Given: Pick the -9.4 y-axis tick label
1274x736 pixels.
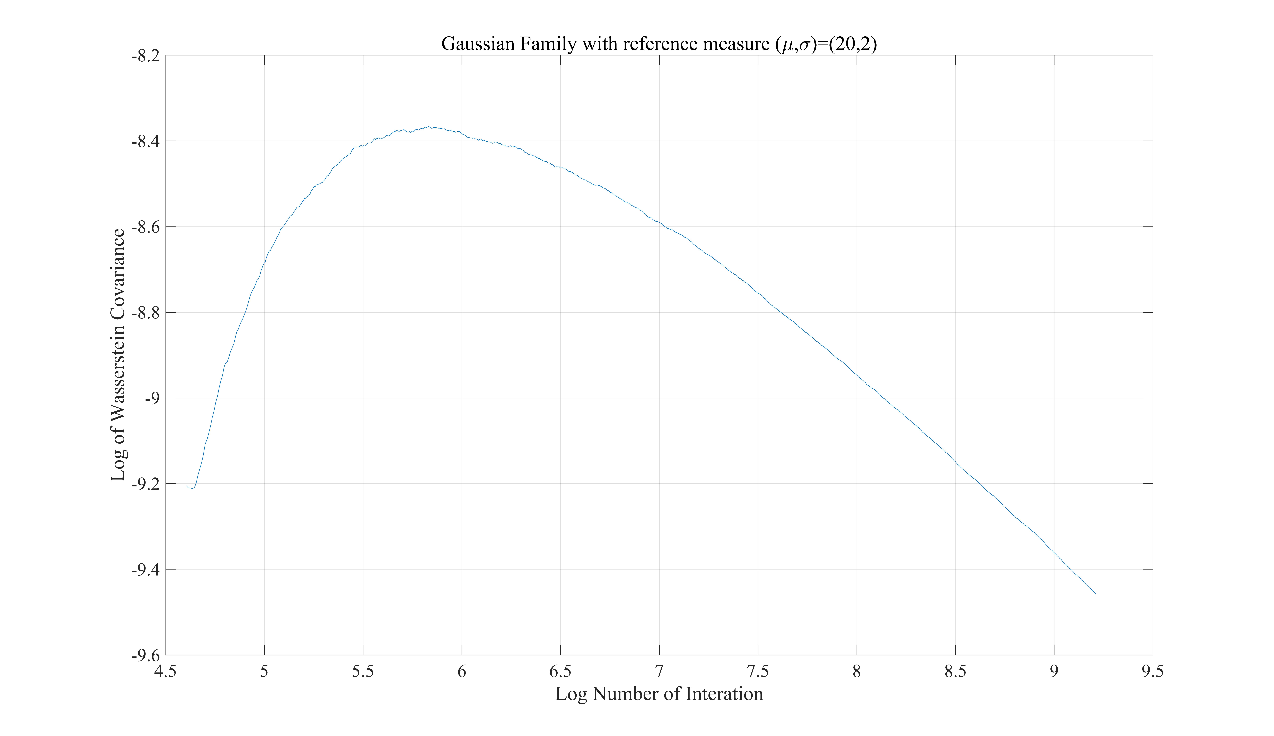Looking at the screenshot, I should [x=145, y=570].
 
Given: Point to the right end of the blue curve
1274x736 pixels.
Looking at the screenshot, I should [x=1095, y=593].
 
